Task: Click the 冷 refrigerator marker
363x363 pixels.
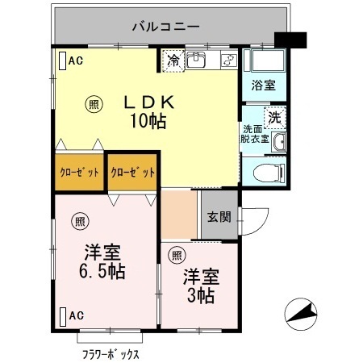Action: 173,59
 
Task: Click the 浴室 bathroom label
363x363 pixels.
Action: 262,84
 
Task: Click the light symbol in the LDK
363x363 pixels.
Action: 94,103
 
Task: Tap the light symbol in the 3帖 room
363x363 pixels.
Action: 177,256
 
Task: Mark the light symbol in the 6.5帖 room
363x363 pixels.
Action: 81,220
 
